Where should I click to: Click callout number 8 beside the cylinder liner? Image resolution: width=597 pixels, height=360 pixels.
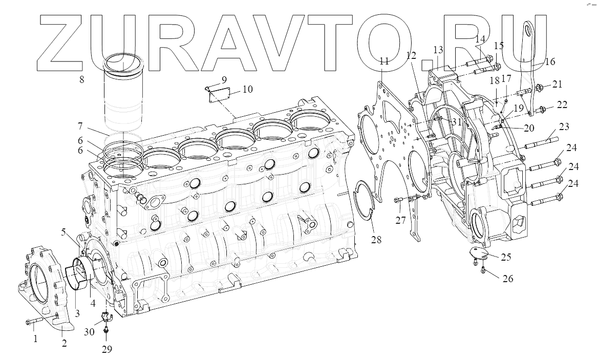(x=82, y=79)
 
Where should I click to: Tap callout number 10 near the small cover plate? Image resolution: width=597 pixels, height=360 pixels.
(x=247, y=90)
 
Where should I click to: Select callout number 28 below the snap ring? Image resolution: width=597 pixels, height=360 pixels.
(x=376, y=240)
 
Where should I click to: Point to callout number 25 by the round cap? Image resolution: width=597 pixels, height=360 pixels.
(x=506, y=257)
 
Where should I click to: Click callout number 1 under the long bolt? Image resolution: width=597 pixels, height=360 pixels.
(x=35, y=338)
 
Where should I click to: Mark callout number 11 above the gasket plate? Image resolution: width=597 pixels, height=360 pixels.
(x=384, y=61)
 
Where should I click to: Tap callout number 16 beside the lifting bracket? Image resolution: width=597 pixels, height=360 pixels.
(x=549, y=62)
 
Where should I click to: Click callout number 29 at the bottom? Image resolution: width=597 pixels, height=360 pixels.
(x=106, y=349)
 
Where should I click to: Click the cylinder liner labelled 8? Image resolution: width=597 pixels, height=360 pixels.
(x=123, y=97)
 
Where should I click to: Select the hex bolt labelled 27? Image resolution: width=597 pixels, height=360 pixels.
(x=400, y=200)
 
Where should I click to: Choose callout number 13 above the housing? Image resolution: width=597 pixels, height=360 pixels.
(x=438, y=50)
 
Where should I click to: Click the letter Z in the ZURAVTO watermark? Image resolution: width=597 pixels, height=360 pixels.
(x=61, y=41)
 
